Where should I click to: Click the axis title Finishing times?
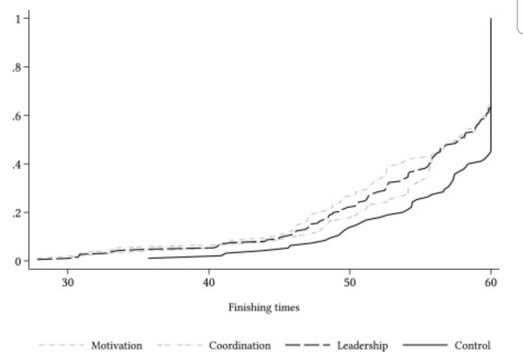click(x=263, y=308)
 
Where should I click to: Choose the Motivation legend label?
click(x=117, y=345)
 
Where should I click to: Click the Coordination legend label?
click(x=240, y=345)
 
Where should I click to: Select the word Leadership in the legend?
click(x=362, y=345)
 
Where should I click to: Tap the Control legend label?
click(x=473, y=345)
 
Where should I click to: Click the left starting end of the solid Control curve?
click(x=148, y=258)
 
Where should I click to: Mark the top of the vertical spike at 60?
click(x=490, y=19)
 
